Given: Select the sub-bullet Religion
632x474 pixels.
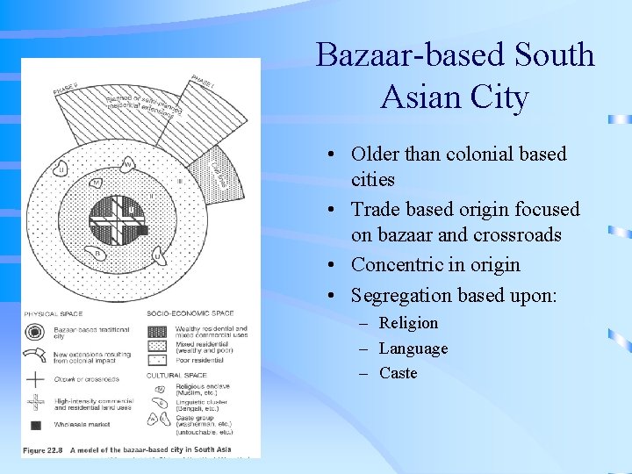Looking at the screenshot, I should pos(408,323).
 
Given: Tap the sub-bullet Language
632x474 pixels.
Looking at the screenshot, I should pos(413,348).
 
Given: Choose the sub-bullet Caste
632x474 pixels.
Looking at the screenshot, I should pos(398,373).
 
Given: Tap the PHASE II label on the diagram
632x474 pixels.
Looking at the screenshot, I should pos(68,88).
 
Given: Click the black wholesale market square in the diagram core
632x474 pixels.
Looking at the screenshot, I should pos(143,231).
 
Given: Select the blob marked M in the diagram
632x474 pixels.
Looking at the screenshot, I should pos(97,183).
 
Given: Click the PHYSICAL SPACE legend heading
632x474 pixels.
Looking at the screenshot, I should pos(54,313).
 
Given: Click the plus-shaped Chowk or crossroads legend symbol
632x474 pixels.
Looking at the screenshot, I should pos(35,379).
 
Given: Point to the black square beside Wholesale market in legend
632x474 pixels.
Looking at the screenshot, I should pos(35,426).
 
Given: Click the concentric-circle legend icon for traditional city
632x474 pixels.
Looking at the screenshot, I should pos(35,333).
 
